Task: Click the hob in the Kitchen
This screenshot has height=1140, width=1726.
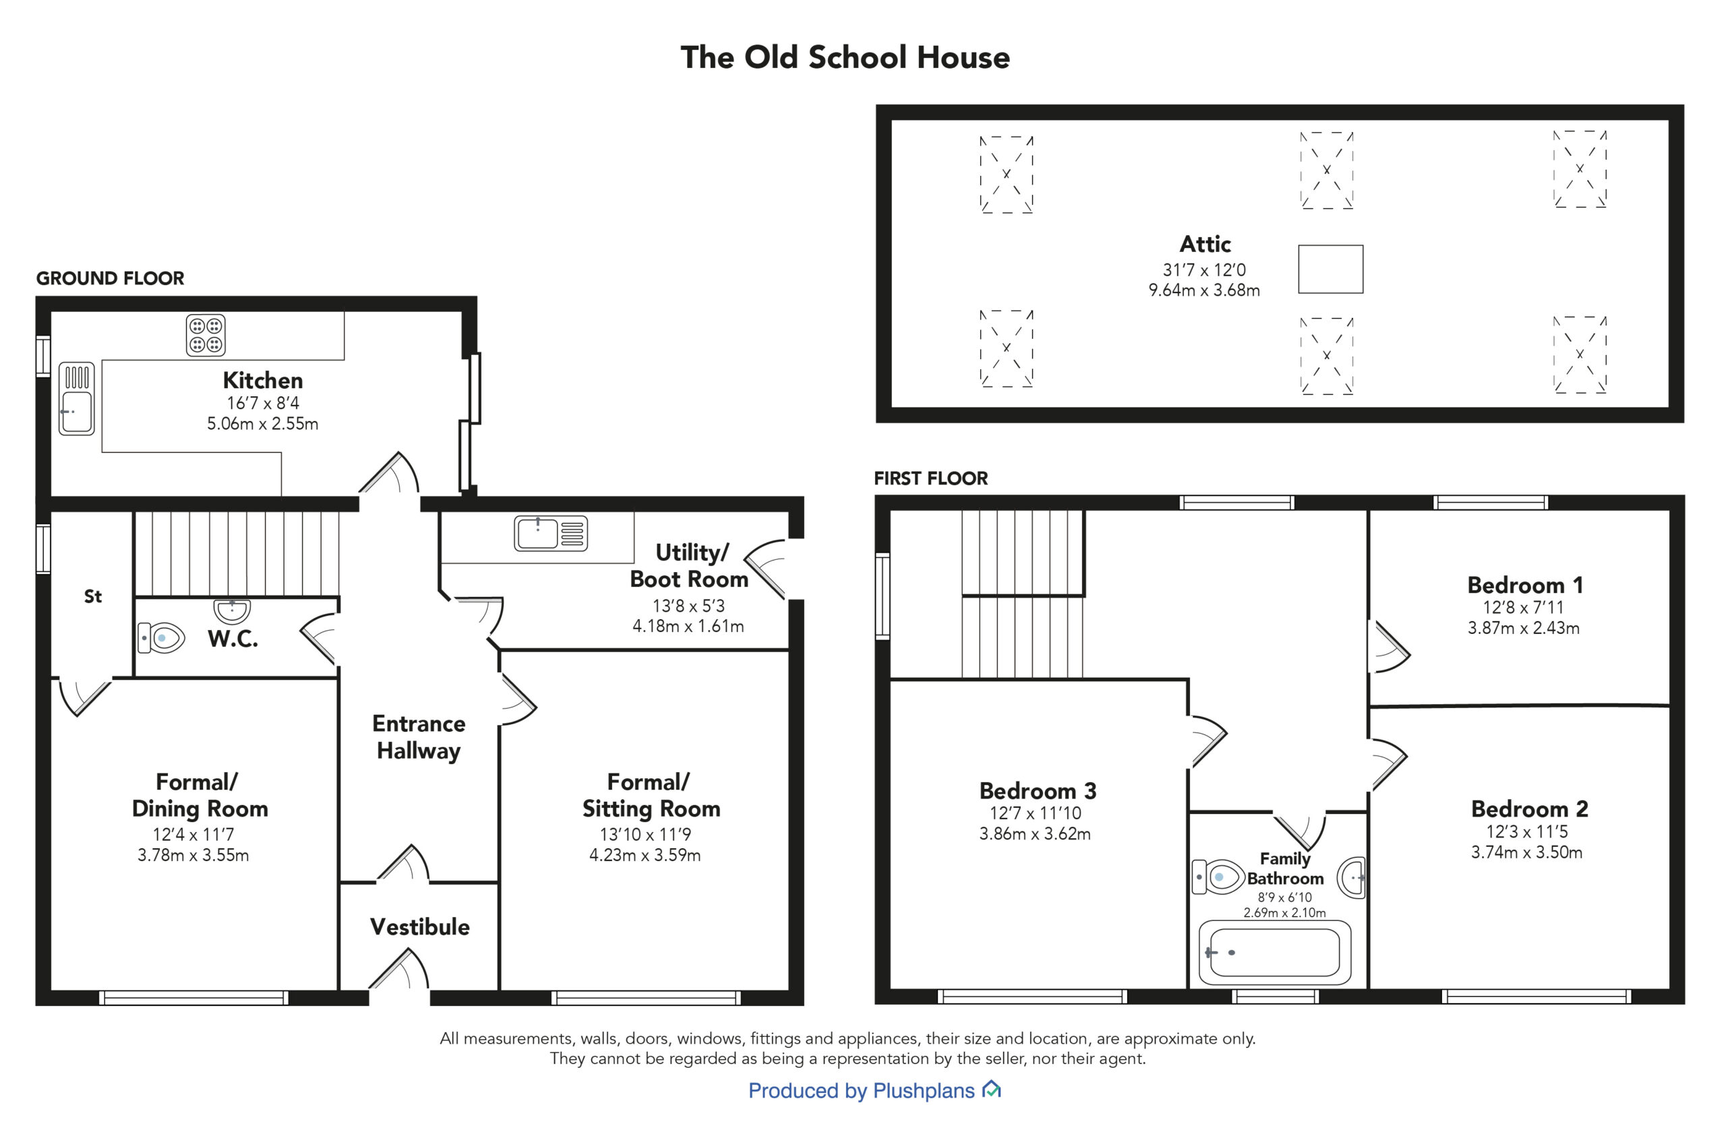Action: pos(206,335)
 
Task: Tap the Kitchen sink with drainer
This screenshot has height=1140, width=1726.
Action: pos(76,398)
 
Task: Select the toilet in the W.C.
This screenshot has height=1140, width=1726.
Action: pos(160,637)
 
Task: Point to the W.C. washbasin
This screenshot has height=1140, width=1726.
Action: pos(232,610)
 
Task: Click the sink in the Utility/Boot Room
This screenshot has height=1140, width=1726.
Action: pos(551,533)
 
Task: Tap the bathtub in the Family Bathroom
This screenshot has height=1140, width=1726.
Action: pos(1274,953)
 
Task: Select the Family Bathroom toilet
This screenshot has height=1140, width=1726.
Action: pos(1218,877)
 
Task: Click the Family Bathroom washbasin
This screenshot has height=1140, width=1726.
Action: pos(1350,877)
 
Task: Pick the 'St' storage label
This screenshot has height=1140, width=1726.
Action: pos(92,597)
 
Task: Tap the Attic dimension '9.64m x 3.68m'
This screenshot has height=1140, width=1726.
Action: pos(1203,290)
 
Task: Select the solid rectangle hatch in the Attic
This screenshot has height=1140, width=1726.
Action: pos(1330,269)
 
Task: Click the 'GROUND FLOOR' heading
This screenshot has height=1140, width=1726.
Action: pos(110,278)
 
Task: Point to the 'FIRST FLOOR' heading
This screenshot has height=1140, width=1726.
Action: pos(931,478)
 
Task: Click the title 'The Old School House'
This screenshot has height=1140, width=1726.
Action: pos(845,57)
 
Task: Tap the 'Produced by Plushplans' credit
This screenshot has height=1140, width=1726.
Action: pos(861,1091)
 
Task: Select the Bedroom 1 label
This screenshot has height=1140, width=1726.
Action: pos(1525,585)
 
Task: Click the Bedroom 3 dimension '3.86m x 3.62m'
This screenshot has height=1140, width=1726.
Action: pos(1034,834)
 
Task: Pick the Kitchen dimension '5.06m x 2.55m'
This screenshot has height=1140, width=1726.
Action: pos(262,424)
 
